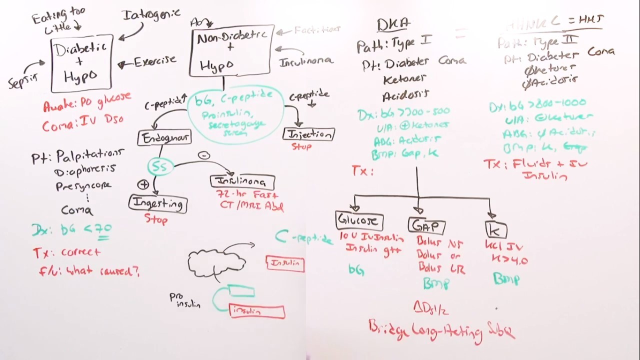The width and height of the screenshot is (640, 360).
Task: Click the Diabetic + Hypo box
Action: tap(81, 63)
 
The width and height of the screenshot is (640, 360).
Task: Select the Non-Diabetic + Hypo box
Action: tap(231, 50)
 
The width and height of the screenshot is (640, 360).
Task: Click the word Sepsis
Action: tap(23, 79)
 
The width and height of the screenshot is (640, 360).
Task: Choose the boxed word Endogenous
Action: tap(164, 138)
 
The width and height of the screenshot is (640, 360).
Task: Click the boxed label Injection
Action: tap(308, 134)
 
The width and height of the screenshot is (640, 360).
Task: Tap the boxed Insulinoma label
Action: tap(243, 181)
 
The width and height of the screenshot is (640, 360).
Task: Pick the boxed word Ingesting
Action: tap(158, 203)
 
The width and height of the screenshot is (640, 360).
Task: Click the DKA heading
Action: tap(393, 23)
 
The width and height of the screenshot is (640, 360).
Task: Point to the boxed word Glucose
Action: tap(359, 220)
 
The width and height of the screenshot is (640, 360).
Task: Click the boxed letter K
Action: tap(495, 230)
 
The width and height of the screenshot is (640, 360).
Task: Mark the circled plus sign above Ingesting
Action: tap(143, 184)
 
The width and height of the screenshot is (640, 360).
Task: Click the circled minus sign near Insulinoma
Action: tap(203, 155)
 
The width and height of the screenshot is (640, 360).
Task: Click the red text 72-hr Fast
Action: tap(247, 194)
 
